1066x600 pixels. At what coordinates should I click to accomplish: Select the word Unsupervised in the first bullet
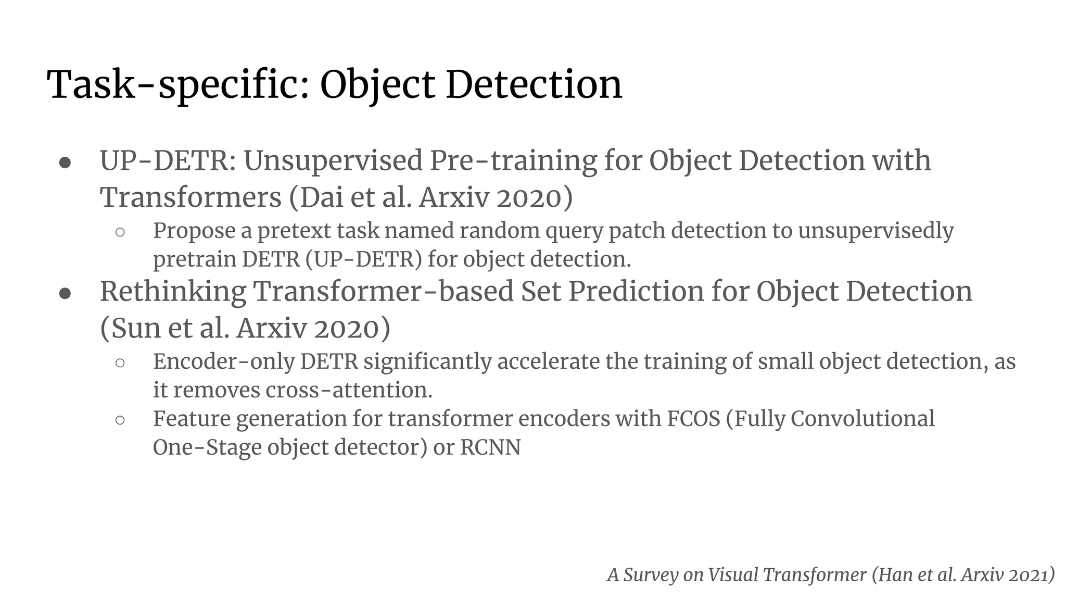333,160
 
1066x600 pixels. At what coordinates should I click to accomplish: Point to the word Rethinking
172,292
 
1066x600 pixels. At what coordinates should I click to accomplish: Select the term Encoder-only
224,361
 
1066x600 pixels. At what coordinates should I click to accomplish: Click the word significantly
427,361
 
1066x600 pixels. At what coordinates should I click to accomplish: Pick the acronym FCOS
693,419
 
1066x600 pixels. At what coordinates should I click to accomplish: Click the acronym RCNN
490,447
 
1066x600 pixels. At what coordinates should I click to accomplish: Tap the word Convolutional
862,419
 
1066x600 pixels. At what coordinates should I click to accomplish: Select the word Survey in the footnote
651,575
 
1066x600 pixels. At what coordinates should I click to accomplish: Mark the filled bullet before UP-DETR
65,162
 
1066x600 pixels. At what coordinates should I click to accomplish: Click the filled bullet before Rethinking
65,293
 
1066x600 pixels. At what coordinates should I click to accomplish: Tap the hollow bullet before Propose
120,232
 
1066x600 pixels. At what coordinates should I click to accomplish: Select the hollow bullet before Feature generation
120,420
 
